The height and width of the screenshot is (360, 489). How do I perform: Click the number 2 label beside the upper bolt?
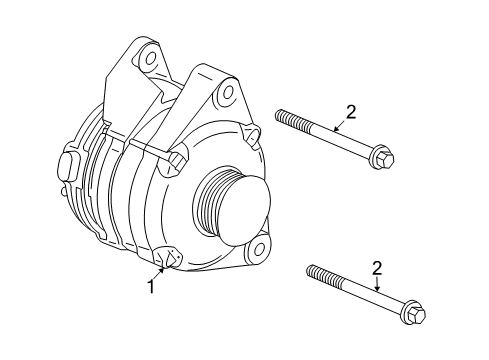coord(350,113)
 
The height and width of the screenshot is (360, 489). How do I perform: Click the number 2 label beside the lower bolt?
coord(376,268)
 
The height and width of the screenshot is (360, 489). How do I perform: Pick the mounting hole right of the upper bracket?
coord(249,131)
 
